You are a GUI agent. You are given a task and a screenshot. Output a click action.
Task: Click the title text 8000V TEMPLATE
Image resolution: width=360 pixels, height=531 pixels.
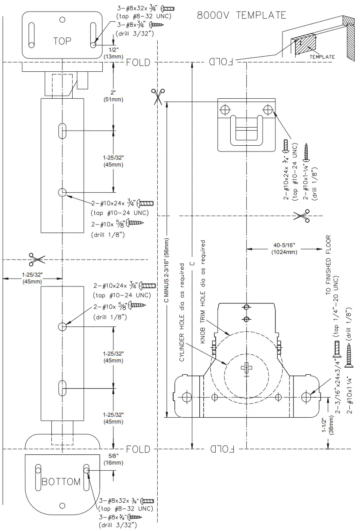241,15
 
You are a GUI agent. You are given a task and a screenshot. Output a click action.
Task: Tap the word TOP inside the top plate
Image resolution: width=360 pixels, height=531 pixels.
62,41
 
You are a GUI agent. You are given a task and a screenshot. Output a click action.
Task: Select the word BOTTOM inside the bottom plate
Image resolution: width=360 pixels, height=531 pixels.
61,482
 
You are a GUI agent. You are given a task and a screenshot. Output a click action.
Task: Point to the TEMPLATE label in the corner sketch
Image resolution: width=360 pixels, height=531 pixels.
322,57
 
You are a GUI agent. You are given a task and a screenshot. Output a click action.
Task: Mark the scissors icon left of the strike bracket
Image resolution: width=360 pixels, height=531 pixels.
157,96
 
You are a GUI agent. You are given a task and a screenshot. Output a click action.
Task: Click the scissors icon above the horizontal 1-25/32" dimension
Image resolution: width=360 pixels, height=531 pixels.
36,259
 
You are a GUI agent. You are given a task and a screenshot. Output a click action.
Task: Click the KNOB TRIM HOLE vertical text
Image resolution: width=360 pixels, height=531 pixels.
203,292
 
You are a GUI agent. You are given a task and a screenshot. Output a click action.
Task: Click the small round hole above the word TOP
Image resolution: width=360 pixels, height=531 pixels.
62,19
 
